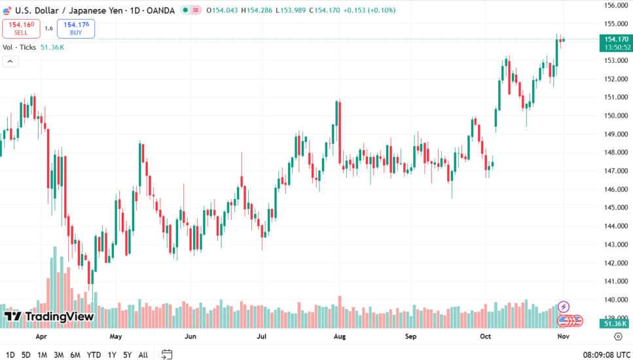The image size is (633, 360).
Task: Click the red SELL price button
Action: click(x=21, y=28)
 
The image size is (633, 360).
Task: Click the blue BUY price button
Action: click(x=76, y=28)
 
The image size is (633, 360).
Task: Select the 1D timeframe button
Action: click(x=10, y=355)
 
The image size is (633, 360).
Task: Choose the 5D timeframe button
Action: click(x=26, y=355)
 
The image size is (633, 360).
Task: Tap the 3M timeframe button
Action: click(x=58, y=355)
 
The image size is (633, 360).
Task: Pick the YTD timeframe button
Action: click(x=94, y=355)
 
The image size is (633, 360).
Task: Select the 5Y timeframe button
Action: click(x=128, y=355)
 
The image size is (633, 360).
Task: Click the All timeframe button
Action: click(x=143, y=355)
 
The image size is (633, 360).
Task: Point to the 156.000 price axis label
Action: click(x=615, y=5)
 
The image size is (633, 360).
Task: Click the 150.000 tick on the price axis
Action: click(x=615, y=116)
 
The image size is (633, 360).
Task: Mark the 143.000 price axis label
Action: click(x=615, y=245)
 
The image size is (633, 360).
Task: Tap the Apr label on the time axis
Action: click(x=41, y=336)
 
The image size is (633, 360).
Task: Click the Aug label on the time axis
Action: click(x=339, y=336)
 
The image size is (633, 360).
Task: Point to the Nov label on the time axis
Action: click(x=562, y=336)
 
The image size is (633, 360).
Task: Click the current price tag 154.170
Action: click(x=616, y=40)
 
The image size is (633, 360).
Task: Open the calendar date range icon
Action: click(x=167, y=355)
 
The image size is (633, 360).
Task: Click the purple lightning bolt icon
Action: click(x=564, y=306)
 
